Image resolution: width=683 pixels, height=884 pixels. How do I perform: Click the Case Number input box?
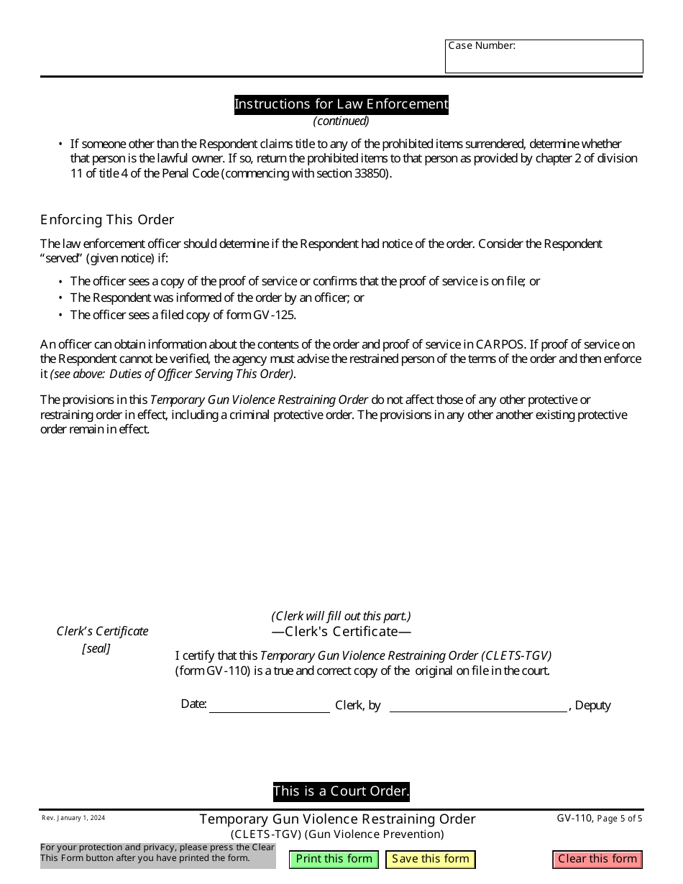[544, 61]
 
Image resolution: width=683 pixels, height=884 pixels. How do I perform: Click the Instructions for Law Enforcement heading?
[341, 104]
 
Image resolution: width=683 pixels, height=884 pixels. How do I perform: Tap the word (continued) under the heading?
[341, 121]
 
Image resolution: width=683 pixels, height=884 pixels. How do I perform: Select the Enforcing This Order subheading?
[107, 219]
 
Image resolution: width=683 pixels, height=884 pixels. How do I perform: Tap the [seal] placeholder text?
[96, 648]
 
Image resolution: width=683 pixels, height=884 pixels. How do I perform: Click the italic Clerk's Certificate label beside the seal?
[102, 631]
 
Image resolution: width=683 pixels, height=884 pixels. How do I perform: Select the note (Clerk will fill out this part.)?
[341, 616]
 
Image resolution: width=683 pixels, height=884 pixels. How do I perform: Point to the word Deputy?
[592, 705]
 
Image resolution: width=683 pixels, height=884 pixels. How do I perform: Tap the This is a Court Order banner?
[341, 791]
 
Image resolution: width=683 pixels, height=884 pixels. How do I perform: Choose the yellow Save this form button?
[430, 859]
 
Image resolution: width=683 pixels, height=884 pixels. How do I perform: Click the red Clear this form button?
[597, 859]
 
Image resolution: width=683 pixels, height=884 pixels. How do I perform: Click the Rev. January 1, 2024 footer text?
[73, 818]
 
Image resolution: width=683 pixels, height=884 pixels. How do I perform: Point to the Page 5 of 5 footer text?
[620, 818]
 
